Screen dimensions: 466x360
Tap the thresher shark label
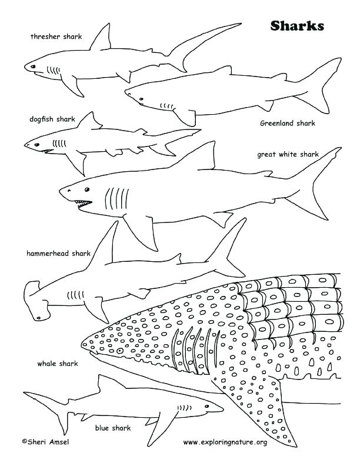(x=56, y=36)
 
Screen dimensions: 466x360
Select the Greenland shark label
(x=288, y=124)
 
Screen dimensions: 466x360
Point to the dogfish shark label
(x=52, y=119)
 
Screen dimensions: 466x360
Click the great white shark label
(x=288, y=155)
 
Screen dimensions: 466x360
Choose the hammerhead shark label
(x=58, y=254)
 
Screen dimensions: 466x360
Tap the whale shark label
(x=55, y=364)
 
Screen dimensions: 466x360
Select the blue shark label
(x=113, y=428)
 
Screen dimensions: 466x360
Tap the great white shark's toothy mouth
(x=82, y=204)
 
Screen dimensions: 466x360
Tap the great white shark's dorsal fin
(x=200, y=157)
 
